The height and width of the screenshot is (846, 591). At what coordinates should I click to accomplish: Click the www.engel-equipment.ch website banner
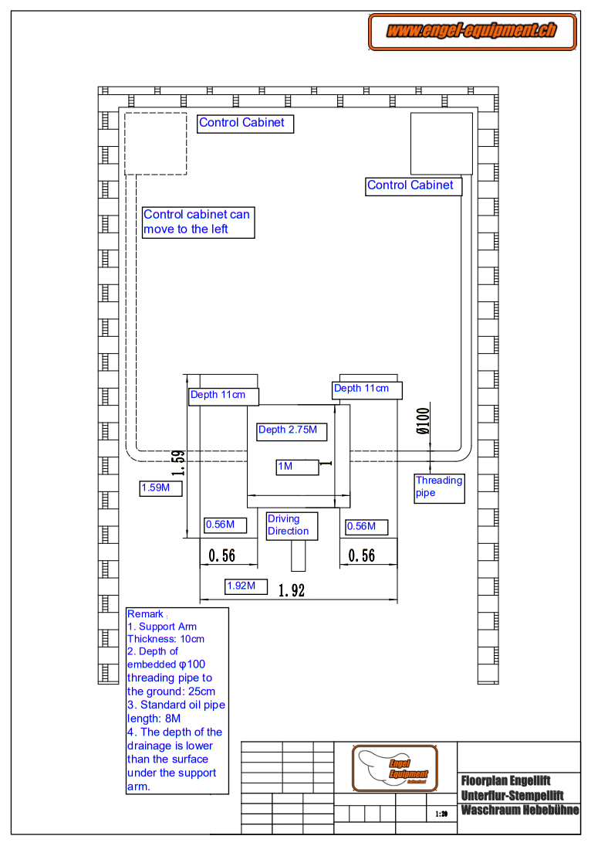[472, 32]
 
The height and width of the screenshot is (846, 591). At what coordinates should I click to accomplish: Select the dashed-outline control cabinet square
[156, 144]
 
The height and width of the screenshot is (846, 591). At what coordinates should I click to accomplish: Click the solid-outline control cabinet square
[441, 144]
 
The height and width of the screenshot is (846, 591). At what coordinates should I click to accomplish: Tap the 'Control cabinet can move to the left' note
[198, 222]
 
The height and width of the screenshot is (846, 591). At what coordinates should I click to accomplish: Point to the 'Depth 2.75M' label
[288, 430]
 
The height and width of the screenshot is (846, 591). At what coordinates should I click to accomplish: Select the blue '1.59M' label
[160, 488]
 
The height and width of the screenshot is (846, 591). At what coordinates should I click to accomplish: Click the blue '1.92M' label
[246, 586]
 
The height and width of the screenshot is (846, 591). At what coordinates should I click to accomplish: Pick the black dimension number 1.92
[292, 591]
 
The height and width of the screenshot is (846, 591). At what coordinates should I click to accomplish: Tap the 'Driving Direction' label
[288, 525]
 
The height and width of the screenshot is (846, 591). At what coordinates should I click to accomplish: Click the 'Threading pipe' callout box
[440, 487]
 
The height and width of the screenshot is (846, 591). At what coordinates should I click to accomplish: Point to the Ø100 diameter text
[423, 422]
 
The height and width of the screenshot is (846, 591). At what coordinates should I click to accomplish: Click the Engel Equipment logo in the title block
[396, 768]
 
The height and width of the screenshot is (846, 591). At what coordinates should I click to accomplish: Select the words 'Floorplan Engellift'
[506, 780]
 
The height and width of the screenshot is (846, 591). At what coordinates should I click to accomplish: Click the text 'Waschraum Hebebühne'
[519, 810]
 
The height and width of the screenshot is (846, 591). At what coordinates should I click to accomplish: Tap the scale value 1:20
[441, 814]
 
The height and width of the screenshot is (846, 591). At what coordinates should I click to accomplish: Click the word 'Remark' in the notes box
[145, 614]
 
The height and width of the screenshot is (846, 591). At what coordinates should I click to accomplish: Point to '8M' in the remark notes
[174, 719]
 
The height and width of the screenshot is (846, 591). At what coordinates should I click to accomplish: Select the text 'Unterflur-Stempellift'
[512, 795]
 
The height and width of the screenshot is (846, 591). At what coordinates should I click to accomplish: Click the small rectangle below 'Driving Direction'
[298, 555]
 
